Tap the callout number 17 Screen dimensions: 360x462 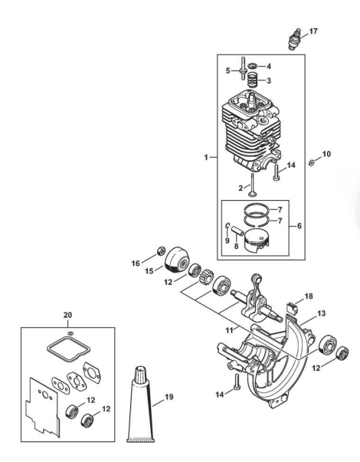[x=313, y=31]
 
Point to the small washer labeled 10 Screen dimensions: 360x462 [x=311, y=162]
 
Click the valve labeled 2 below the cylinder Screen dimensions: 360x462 [x=252, y=185]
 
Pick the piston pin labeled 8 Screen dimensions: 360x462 [x=237, y=230]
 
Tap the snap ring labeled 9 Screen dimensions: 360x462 [x=227, y=226]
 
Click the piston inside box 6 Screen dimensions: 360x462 [x=257, y=241]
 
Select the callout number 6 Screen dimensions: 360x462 [x=299, y=226]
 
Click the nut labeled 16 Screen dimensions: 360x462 [x=161, y=250]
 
